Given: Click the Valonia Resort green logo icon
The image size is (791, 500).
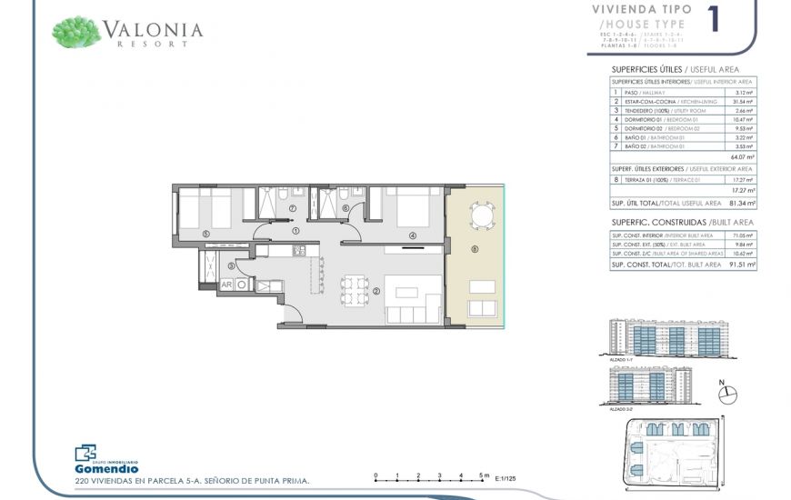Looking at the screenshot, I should [x=76, y=32].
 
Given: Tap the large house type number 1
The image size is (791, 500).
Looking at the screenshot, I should [x=713, y=20].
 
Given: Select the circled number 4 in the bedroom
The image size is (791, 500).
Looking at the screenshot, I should [x=412, y=236].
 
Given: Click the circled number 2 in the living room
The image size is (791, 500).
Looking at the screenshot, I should [x=375, y=292].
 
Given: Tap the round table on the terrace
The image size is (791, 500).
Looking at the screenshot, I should [x=482, y=215].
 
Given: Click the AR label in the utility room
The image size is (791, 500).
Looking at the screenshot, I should [x=226, y=285].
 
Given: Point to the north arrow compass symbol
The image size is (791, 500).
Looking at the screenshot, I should [x=728, y=395].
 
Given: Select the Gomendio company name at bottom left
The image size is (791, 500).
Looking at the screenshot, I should [x=106, y=468].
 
